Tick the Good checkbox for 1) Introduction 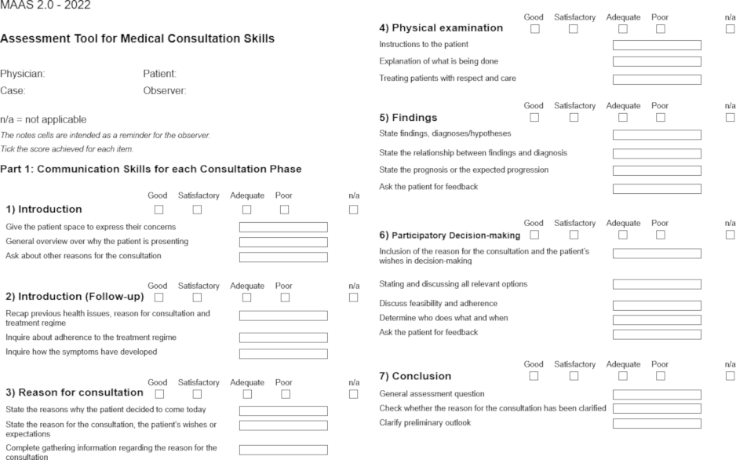159,210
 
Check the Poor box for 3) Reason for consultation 285,392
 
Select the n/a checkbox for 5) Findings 731,118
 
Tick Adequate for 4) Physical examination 623,29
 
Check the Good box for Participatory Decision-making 535,235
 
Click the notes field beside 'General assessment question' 657,394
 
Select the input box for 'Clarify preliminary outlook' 657,424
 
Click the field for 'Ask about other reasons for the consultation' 283,257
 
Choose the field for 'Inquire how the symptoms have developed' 283,352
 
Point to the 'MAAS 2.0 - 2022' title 45,5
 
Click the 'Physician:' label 22,74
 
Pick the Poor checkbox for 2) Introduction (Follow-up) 285,297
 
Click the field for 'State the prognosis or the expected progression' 657,170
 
